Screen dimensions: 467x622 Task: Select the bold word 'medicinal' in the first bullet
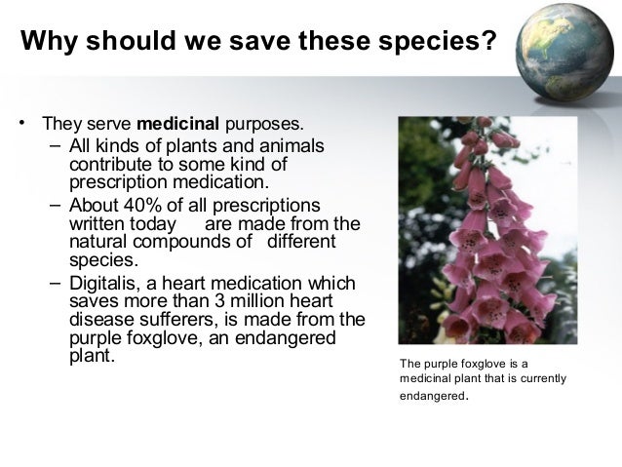[x=179, y=125]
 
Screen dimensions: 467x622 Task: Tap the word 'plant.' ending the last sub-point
[x=93, y=356]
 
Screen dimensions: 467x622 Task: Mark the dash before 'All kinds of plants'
[x=54, y=146]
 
